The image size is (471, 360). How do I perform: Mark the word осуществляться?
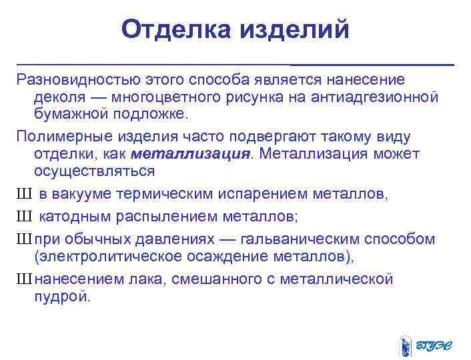coord(94,171)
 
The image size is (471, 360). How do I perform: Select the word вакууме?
coord(75,195)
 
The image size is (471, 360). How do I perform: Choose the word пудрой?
coord(61,297)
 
